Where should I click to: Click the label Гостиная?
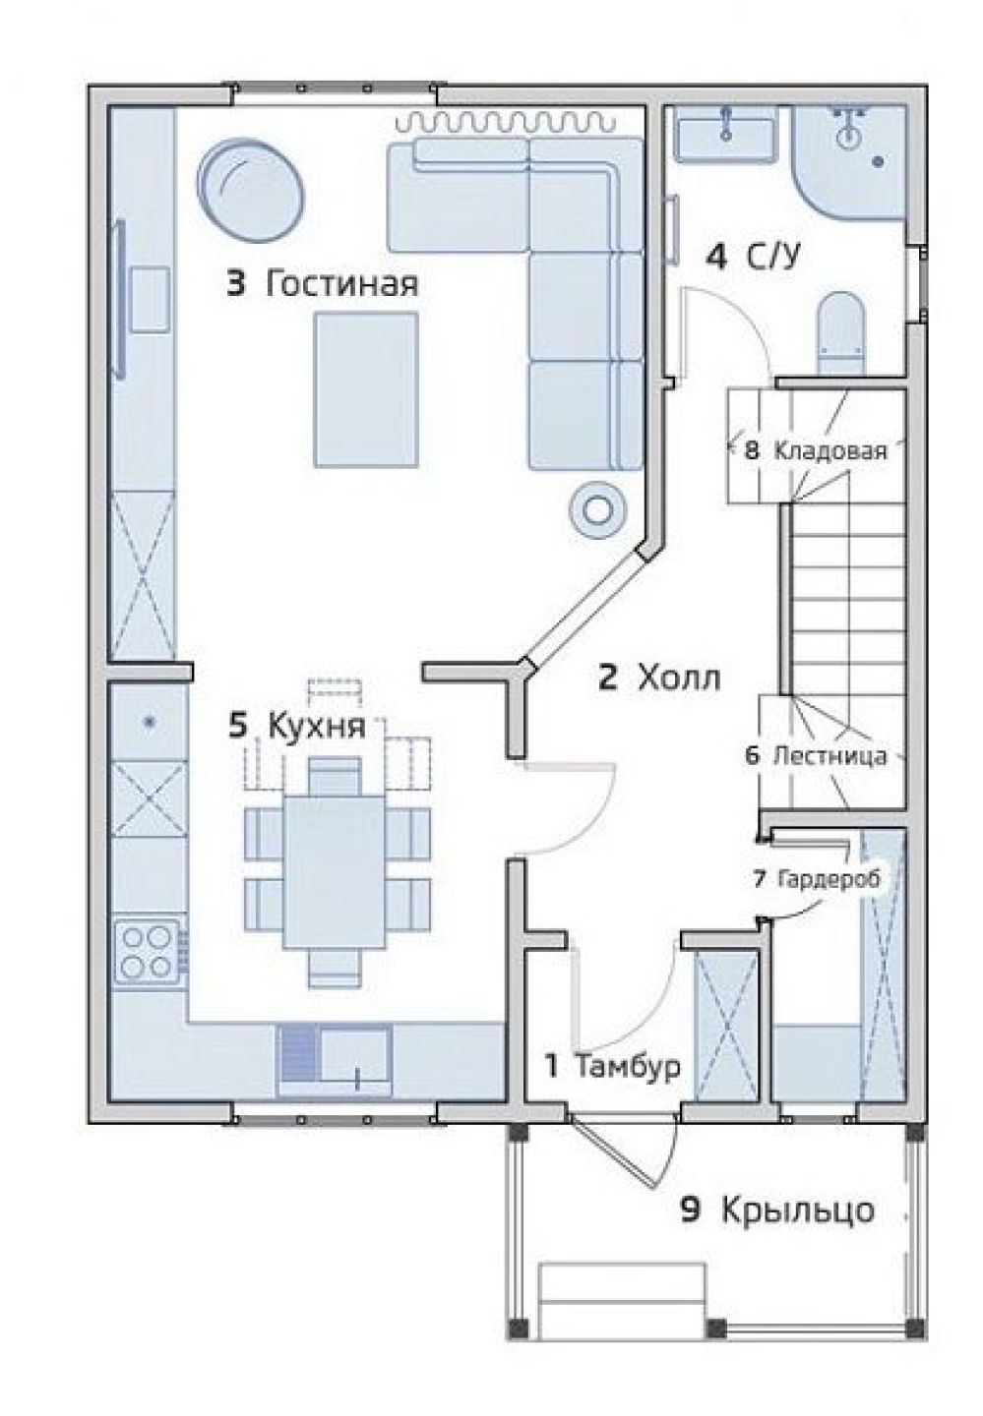tap(340, 284)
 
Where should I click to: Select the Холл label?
tap(679, 679)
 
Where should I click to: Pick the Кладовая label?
tap(830, 451)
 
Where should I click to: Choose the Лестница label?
tap(829, 755)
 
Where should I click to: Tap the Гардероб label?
tap(829, 879)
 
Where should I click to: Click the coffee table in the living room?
tap(366, 390)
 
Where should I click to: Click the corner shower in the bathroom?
tap(849, 162)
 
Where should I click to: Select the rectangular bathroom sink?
tap(725, 132)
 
